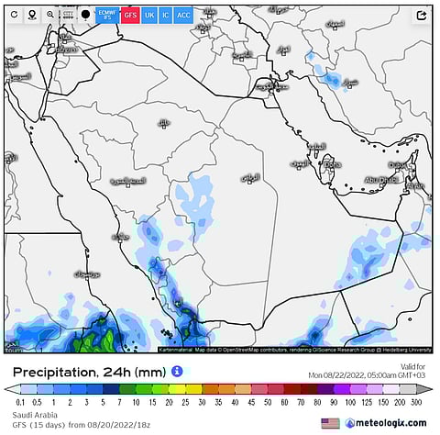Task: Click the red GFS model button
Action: click(130, 15)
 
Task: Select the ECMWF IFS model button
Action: click(105, 15)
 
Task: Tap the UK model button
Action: click(149, 15)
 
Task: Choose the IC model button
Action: click(165, 15)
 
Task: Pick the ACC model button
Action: click(183, 15)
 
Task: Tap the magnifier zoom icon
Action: click(49, 15)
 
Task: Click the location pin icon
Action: click(30, 15)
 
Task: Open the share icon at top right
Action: click(422, 16)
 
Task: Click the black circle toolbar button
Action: click(85, 15)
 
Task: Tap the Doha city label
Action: click(331, 165)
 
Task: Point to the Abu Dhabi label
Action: click(379, 180)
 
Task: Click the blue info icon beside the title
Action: click(177, 372)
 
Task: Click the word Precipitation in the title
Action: click(51, 373)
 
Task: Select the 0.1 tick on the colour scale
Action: click(20, 401)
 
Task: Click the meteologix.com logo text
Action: click(392, 422)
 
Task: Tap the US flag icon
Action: click(329, 422)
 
